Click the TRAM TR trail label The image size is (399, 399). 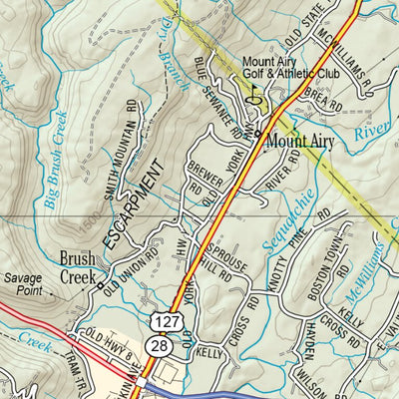coord(75,374)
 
